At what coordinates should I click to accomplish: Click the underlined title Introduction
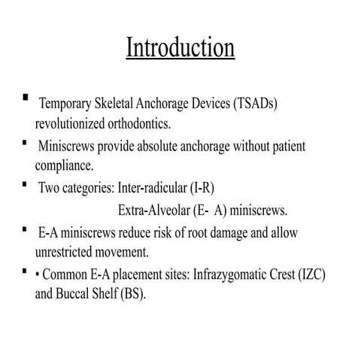click(180, 47)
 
